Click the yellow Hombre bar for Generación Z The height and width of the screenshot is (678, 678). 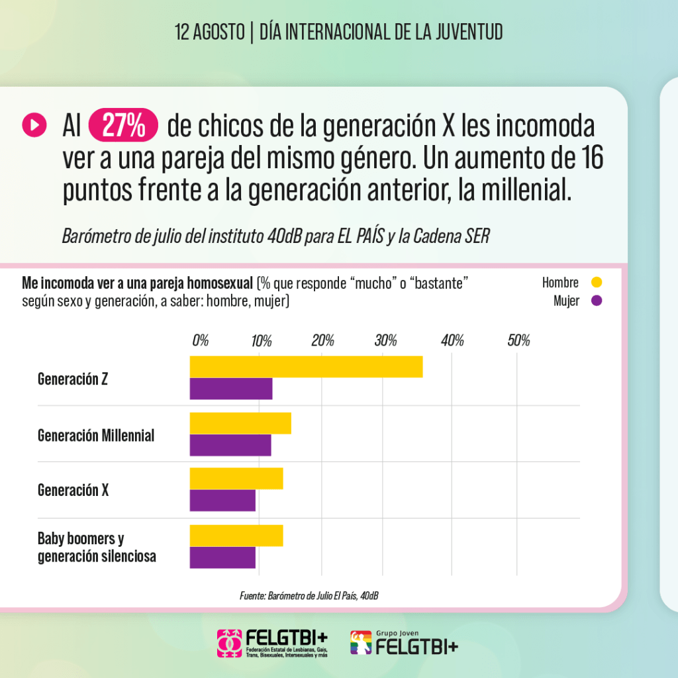306,367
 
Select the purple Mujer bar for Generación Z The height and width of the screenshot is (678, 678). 231,389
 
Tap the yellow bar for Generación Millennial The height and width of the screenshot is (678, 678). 240,423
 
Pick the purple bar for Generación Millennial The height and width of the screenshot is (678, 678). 230,446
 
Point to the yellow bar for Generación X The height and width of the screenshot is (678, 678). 236,479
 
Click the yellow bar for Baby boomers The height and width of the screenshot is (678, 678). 236,536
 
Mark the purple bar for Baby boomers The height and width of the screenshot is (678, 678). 222,557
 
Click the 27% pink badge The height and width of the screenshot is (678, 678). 123,126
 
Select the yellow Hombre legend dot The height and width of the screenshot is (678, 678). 596,283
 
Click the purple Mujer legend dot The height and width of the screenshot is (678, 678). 596,301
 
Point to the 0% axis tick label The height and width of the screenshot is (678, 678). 200,341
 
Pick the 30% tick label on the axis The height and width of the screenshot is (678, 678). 385,341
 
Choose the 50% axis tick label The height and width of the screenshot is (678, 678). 518,341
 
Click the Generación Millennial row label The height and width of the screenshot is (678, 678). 96,435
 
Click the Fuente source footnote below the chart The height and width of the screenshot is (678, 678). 309,596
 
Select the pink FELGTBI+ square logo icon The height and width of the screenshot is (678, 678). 230,643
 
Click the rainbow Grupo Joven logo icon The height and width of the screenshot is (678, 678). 361,643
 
